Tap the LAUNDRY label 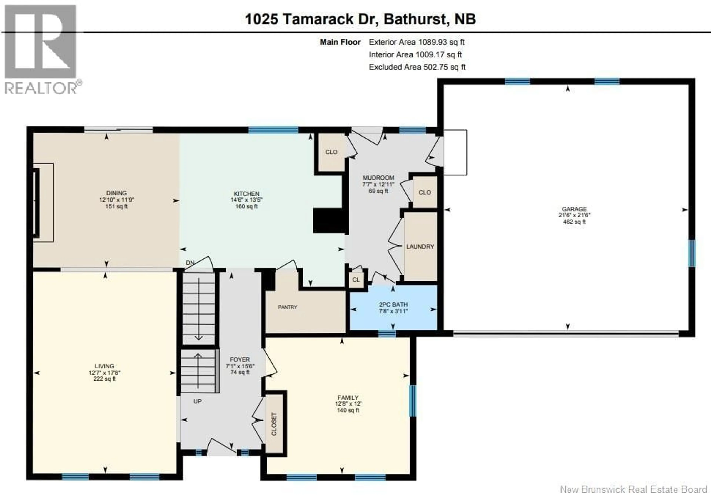420,247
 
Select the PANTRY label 287,307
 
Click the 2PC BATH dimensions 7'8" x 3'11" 393,311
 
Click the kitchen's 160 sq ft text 246,206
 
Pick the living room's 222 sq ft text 104,379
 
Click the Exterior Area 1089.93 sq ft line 416,42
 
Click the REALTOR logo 42,50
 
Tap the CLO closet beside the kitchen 331,152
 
